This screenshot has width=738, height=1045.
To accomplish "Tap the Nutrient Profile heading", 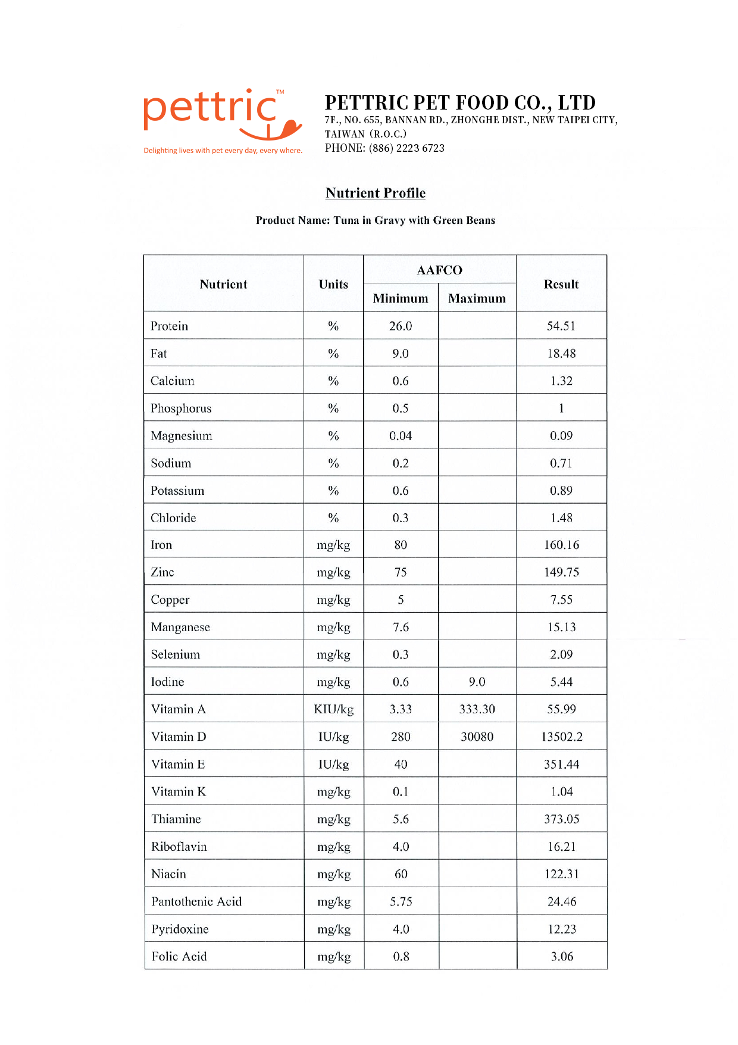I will tap(376, 193).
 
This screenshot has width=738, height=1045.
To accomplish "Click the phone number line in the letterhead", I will tap(384, 148).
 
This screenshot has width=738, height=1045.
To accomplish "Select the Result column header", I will tap(561, 284).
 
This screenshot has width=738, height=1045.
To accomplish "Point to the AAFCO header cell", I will tap(439, 270).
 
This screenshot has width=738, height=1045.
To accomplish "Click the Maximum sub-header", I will tap(477, 298).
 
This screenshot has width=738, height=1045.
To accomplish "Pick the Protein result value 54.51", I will tap(561, 326).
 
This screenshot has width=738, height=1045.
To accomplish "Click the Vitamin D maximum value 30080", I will tap(477, 737).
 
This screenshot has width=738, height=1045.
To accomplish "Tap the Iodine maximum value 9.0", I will tap(477, 682).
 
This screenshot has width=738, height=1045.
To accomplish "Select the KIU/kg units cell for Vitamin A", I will tap(333, 709).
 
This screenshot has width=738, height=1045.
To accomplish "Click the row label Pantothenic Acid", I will tap(196, 901).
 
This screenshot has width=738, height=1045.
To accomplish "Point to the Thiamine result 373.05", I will tap(561, 819).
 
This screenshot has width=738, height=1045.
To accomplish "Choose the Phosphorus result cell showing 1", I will tap(561, 408).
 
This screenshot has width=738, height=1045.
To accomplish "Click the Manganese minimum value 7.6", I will tap(401, 627).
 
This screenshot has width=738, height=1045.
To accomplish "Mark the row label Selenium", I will tap(176, 654).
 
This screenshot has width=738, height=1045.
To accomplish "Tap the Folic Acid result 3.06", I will tap(562, 956).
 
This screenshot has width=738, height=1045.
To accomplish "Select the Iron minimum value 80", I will tap(401, 545).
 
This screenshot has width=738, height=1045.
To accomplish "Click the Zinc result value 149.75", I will tap(561, 572).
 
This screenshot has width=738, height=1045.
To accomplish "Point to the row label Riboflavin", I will tap(179, 847).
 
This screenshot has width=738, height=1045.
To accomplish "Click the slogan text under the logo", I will tap(223, 151).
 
